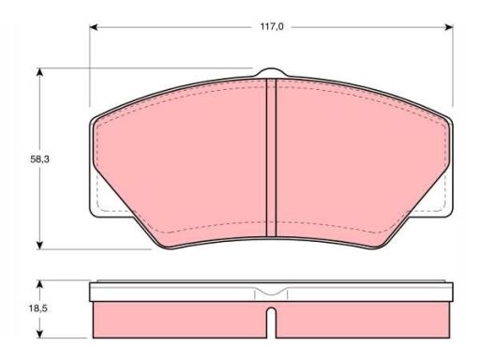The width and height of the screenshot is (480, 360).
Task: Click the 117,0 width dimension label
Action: pyautogui.click(x=272, y=27)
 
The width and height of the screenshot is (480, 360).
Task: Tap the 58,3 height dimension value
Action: pyautogui.click(x=39, y=159)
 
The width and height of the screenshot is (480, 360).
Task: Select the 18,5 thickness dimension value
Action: pyautogui.click(x=38, y=308)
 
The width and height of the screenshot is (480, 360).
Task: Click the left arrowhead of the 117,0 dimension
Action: pyautogui.click(x=94, y=27)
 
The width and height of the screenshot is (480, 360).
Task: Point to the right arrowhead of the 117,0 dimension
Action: pyautogui.click(x=449, y=27)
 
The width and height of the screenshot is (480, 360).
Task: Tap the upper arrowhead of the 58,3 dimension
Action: pyautogui.click(x=39, y=72)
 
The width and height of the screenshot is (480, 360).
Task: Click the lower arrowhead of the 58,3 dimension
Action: pyautogui.click(x=39, y=245)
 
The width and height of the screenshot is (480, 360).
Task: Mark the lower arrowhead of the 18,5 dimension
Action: pyautogui.click(x=39, y=334)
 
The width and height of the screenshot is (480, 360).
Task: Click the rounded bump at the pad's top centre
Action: pyautogui.click(x=271, y=71)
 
